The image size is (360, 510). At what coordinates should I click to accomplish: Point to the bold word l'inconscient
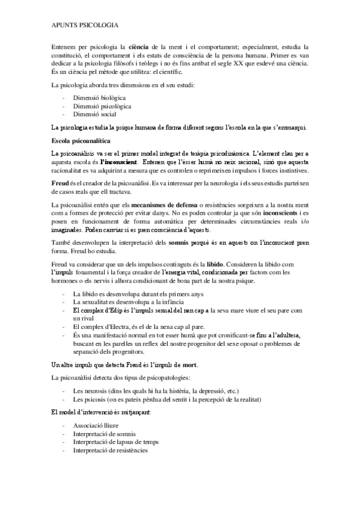pyautogui.click(x=119, y=162)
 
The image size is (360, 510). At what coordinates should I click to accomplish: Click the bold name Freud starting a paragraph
pyautogui.click(x=61, y=181)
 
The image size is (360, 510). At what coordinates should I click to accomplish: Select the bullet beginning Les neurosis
pyautogui.click(x=156, y=390)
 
